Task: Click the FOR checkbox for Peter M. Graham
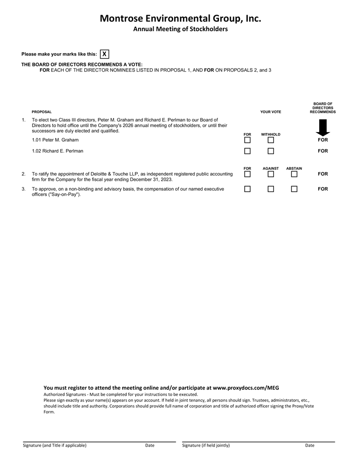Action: pos(247,140)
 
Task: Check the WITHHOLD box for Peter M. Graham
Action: pos(271,140)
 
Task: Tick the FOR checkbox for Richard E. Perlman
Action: pos(247,151)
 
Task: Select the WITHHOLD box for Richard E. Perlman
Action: pos(271,151)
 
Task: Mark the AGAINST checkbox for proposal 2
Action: pos(271,174)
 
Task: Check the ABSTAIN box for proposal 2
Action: pos(294,174)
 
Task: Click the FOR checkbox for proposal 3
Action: pos(247,189)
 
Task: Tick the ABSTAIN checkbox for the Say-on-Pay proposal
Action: pos(294,189)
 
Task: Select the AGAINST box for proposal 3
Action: pos(271,189)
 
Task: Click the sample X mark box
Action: pos(104,54)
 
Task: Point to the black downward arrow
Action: pos(323,128)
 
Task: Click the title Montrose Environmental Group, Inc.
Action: pos(180,19)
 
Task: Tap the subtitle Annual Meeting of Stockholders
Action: pos(180,29)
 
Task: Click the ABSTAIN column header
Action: pos(294,169)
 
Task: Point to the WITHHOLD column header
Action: pos(271,135)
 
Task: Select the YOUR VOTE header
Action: pos(271,112)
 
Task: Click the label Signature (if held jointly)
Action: pos(206,445)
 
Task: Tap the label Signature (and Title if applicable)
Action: pos(54,445)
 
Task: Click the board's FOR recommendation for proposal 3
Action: pos(323,189)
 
